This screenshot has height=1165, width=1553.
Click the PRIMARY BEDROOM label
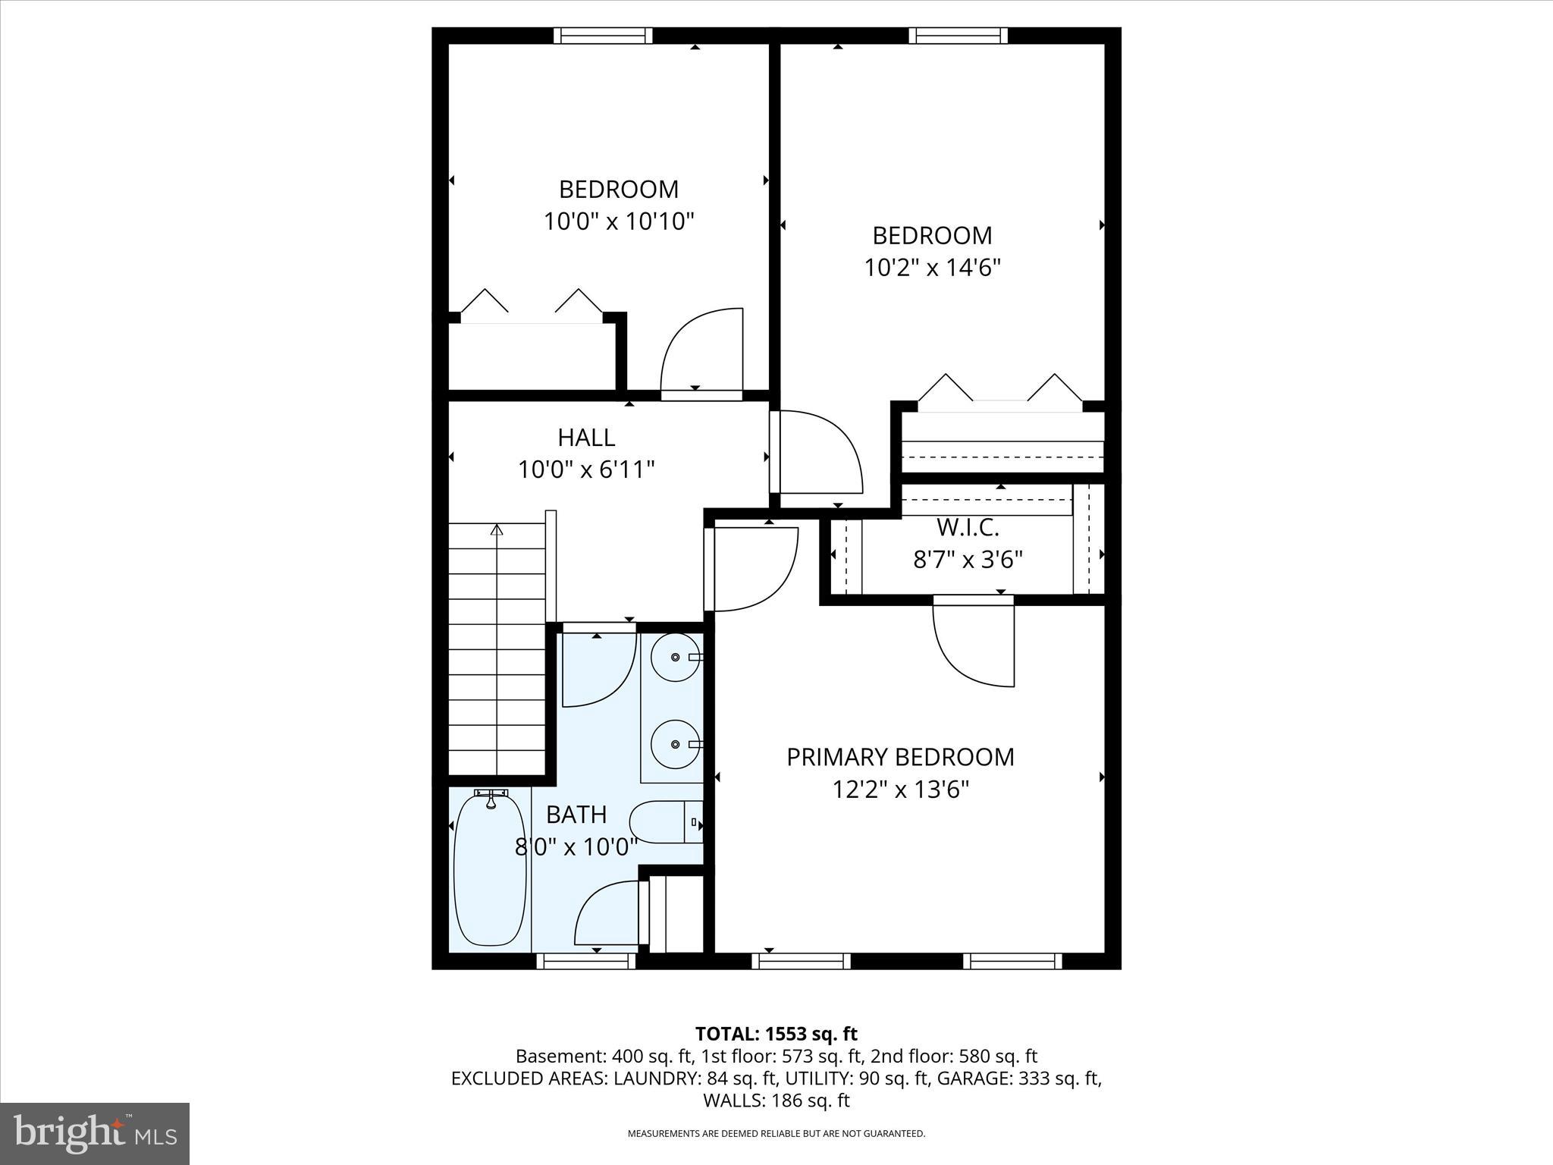pyautogui.click(x=900, y=757)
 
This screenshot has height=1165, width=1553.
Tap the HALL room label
pyautogui.click(x=586, y=438)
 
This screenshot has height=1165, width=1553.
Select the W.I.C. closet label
pyautogui.click(x=968, y=526)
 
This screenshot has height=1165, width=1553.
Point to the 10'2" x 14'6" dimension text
pyautogui.click(x=933, y=268)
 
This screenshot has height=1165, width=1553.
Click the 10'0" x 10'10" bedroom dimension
pyautogui.click(x=619, y=221)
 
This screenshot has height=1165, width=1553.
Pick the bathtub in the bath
pyautogui.click(x=490, y=868)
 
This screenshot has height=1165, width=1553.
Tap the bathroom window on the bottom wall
pyautogui.click(x=586, y=961)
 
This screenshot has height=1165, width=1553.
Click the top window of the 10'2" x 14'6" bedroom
pyautogui.click(x=958, y=36)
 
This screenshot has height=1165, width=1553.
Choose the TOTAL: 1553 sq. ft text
pyautogui.click(x=776, y=1034)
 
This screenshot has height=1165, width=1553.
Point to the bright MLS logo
pyautogui.click(x=95, y=1133)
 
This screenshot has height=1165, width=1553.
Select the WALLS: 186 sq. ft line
pyautogui.click(x=776, y=1101)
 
